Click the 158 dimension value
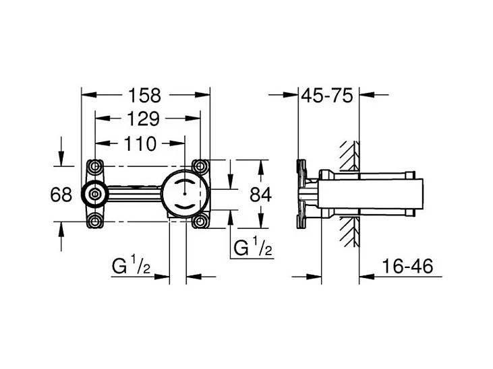(x=146, y=95)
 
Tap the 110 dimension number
(x=140, y=143)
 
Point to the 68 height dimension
(x=61, y=195)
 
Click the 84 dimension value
(x=260, y=195)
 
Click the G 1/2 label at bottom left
(x=131, y=267)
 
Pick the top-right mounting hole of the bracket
(x=200, y=166)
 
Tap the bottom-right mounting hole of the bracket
(x=200, y=221)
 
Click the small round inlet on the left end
(x=94, y=194)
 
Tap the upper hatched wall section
(x=349, y=156)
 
